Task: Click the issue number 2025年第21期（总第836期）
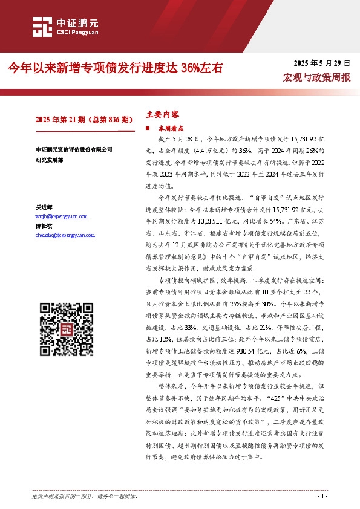(x=84, y=120)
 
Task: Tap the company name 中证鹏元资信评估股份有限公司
(x=74, y=149)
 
